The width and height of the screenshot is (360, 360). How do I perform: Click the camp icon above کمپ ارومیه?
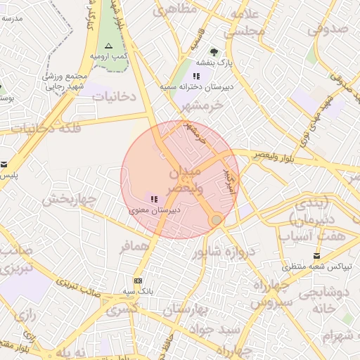click(108, 45)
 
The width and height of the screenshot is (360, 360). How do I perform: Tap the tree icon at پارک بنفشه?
click(214, 51)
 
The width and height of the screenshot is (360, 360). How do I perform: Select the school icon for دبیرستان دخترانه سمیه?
click(198, 76)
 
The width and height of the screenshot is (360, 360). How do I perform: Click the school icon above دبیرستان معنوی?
click(154, 200)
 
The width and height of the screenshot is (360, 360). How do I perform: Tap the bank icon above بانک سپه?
click(137, 281)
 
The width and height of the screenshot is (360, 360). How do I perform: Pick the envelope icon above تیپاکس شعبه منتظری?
click(316, 255)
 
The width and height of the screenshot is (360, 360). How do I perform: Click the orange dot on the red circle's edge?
click(217, 220)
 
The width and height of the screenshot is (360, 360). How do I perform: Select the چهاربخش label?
click(68, 200)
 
